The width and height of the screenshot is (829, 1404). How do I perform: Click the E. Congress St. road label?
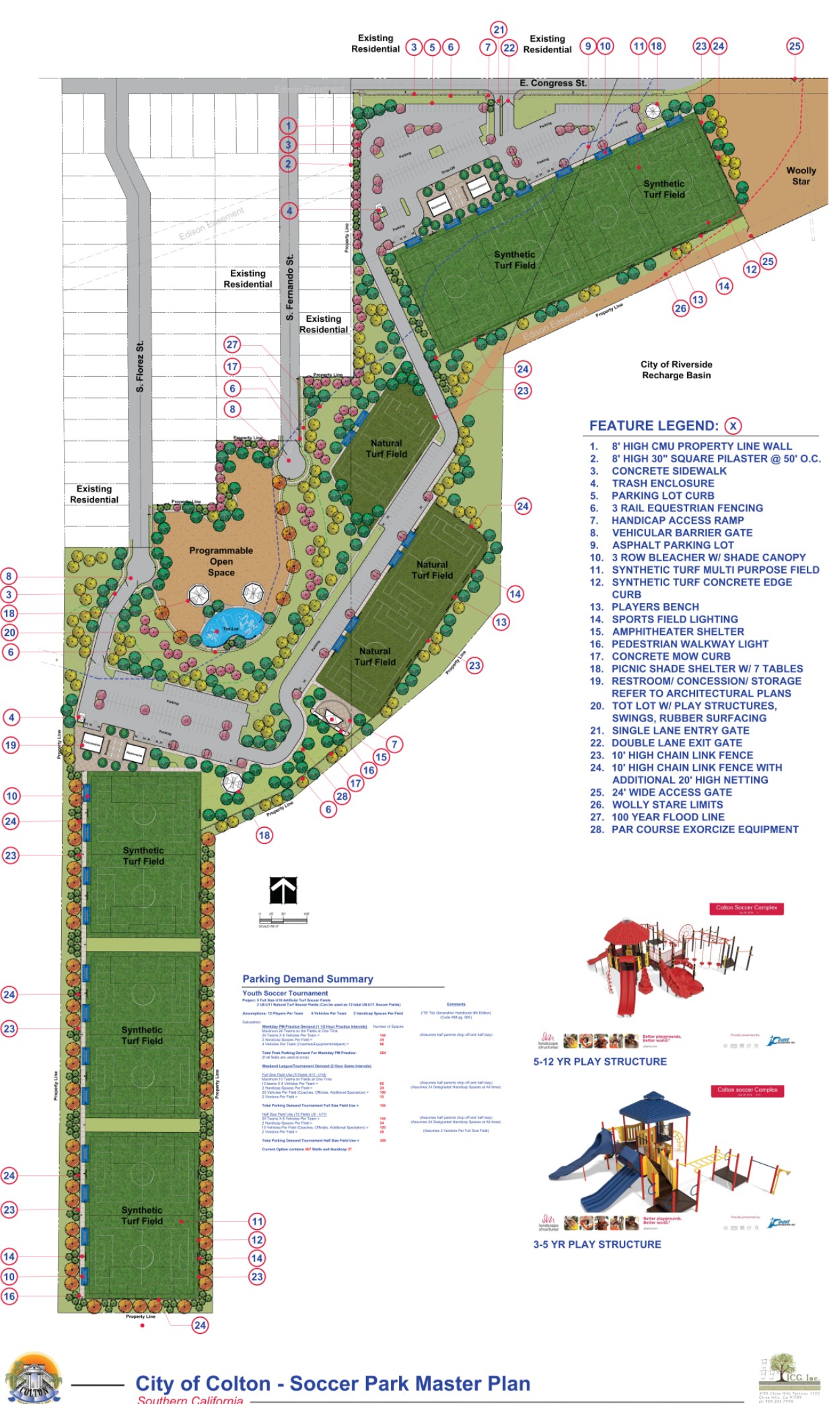pos(552,83)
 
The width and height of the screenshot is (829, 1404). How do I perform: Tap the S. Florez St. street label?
pos(140,367)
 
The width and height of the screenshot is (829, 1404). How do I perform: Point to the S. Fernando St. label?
pos(290,287)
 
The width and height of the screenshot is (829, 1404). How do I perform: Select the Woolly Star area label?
pos(801,176)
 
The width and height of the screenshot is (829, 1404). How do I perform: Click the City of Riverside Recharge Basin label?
pos(676,370)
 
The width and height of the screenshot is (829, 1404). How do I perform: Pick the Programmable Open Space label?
pos(221,561)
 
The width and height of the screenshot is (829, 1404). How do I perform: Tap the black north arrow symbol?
pos(283,890)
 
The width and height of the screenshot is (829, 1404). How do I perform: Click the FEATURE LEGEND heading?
pos(653,425)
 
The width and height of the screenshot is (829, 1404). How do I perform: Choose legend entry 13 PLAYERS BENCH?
pos(655,607)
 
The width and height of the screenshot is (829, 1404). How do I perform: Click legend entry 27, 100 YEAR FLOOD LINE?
pos(668,817)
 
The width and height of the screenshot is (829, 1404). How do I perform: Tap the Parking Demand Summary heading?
pos(308,979)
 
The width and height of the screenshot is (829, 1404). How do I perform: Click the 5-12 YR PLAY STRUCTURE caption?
pos(600,1061)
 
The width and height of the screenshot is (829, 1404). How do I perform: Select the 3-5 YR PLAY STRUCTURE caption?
pos(597,1244)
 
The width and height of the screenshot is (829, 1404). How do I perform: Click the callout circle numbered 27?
pos(232,345)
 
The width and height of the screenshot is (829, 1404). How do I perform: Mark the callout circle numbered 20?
pos(9,633)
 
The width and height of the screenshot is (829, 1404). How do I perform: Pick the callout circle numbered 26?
pos(680,308)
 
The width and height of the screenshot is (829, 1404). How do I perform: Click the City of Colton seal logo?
pos(33,1380)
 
